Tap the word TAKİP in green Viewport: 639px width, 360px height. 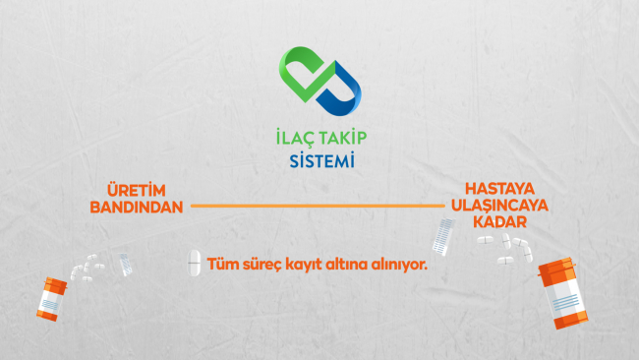click(343, 138)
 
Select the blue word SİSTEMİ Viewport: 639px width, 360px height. click(321, 160)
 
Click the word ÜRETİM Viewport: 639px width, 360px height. click(137, 191)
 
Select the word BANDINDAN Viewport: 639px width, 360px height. click(137, 208)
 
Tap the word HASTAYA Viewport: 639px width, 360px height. click(499, 189)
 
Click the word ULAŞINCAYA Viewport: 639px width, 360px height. click(499, 205)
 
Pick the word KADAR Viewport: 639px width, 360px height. click(499, 221)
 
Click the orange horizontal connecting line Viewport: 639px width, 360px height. click(318, 206)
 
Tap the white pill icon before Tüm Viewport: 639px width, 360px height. click(194, 263)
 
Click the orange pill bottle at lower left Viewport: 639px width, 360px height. click(52, 299)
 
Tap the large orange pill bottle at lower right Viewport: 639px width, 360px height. click(562, 293)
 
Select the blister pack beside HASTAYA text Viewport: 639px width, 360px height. click(443, 237)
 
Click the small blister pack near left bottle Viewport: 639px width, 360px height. click(126, 265)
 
